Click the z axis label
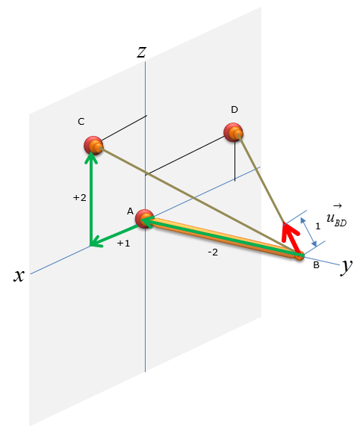pos(141,52)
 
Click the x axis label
pos(19,275)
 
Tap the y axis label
pos(347,267)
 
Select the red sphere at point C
pos(93,145)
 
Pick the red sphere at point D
pos(233,132)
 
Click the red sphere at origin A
pos(145,219)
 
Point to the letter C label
pos(81,122)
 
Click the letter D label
pos(234,110)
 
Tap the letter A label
pos(130,211)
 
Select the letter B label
pos(316,265)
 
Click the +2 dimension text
pos(80,198)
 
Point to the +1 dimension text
pos(123,244)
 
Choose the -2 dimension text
pos(213,252)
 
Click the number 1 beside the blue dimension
pos(318,226)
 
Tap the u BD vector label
pos(337,217)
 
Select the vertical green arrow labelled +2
pos(91,199)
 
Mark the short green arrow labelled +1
pos(115,235)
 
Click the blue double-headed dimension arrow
pos(308,232)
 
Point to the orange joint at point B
pos(300,255)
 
